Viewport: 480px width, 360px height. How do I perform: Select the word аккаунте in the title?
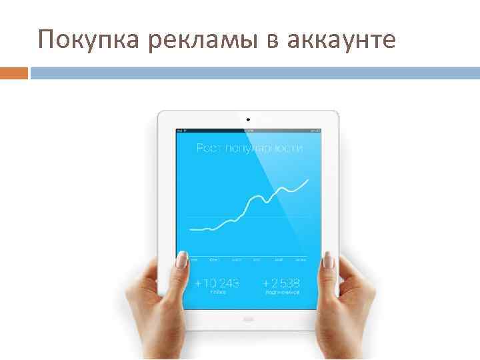(342, 41)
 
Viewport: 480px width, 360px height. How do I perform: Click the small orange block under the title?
(14, 73)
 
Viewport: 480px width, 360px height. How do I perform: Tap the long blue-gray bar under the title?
(255, 73)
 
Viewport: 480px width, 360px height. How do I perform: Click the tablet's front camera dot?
(247, 120)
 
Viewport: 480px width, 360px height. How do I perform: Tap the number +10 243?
(217, 283)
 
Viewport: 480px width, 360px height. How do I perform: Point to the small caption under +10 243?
(217, 293)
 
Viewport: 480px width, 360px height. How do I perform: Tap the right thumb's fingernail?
(327, 260)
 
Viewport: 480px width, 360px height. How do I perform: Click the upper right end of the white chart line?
(308, 179)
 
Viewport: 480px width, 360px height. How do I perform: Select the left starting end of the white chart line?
(191, 229)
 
